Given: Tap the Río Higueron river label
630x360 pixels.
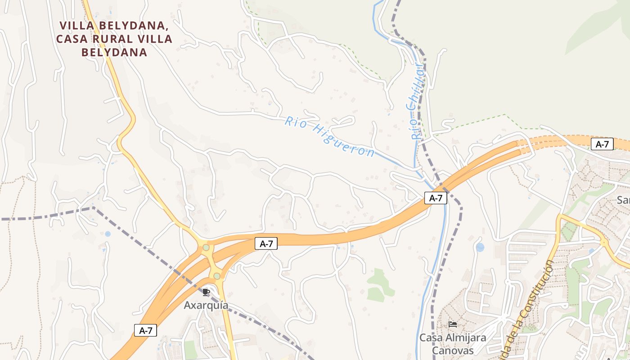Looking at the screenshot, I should click(x=330, y=137).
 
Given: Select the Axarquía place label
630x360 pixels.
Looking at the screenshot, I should click(x=206, y=305).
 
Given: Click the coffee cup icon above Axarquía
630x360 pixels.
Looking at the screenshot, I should click(x=206, y=292).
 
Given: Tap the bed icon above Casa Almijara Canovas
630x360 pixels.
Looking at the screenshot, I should click(x=453, y=324).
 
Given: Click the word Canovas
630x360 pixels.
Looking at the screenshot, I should click(x=453, y=350).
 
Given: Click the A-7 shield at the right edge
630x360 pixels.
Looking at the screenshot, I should click(x=602, y=144).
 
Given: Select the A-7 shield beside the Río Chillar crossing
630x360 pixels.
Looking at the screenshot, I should click(x=436, y=198).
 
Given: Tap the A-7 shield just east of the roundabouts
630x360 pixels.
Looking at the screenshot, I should click(x=266, y=244).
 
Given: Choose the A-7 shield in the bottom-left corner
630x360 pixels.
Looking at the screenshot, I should click(x=145, y=330).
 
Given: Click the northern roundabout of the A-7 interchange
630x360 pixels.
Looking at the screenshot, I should click(x=206, y=247).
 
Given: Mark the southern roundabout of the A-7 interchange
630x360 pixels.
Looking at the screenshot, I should click(x=217, y=275).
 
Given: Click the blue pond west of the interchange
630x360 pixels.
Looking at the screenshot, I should click(x=108, y=234).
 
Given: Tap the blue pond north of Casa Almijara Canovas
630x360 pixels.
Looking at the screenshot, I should click(x=480, y=247).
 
